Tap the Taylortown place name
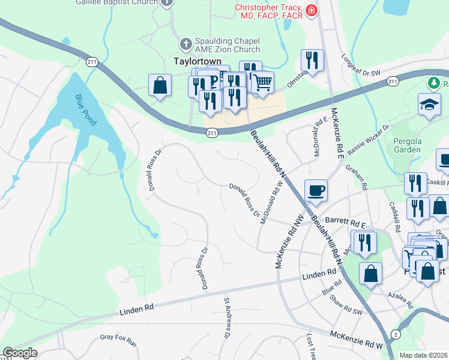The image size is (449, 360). point(193,61)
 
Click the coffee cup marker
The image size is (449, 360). point(316,190)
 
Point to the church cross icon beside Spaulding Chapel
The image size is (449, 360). point(185,44)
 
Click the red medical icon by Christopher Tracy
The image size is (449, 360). point(310,10)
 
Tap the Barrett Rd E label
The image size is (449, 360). point(342,221)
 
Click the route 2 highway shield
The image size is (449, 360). point(396,334)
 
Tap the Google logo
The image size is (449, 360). point(20,353)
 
